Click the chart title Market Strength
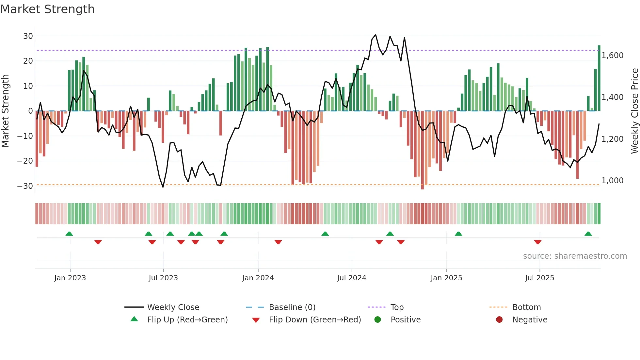click(47, 9)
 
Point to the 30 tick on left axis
click(28, 36)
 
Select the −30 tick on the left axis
click(25, 186)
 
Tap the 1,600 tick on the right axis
click(613, 56)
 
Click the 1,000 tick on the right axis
click(613, 181)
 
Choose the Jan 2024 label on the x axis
click(258, 278)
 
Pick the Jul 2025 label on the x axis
click(539, 278)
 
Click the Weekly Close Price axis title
click(634, 111)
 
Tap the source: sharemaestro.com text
click(575, 256)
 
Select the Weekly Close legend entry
click(173, 307)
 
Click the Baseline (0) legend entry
click(292, 307)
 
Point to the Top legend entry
click(397, 307)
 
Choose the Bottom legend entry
click(526, 307)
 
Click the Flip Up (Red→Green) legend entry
click(187, 320)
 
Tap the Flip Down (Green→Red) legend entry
click(315, 320)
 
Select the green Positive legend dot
click(378, 320)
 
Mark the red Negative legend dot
click(499, 320)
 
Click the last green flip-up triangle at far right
click(588, 234)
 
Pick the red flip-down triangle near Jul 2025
click(538, 242)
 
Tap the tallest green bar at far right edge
click(599, 78)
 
